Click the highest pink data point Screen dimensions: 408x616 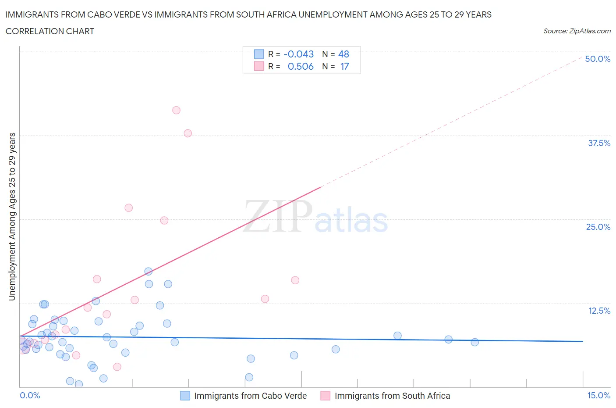click(176, 110)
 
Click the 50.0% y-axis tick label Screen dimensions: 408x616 click(598, 59)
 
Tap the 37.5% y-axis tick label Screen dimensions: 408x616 click(599, 143)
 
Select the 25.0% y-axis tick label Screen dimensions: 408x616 click(598, 227)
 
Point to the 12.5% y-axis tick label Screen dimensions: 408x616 click(599, 311)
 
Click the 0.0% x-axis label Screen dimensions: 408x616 click(30, 395)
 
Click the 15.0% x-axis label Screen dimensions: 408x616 click(598, 395)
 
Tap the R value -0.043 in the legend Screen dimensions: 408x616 click(298, 54)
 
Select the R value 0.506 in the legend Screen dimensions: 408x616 click(301, 66)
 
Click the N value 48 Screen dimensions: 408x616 click(343, 54)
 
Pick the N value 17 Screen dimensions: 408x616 click(344, 66)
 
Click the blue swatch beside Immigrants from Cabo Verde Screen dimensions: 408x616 click(185, 396)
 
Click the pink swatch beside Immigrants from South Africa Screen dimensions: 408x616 click(326, 396)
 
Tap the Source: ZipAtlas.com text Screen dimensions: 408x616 click(577, 31)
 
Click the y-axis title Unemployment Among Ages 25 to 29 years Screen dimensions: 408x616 click(12, 217)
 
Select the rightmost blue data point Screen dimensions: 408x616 click(474, 342)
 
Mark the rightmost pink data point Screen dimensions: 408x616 click(295, 280)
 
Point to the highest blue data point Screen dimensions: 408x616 click(148, 272)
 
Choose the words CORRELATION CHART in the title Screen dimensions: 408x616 click(50, 31)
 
